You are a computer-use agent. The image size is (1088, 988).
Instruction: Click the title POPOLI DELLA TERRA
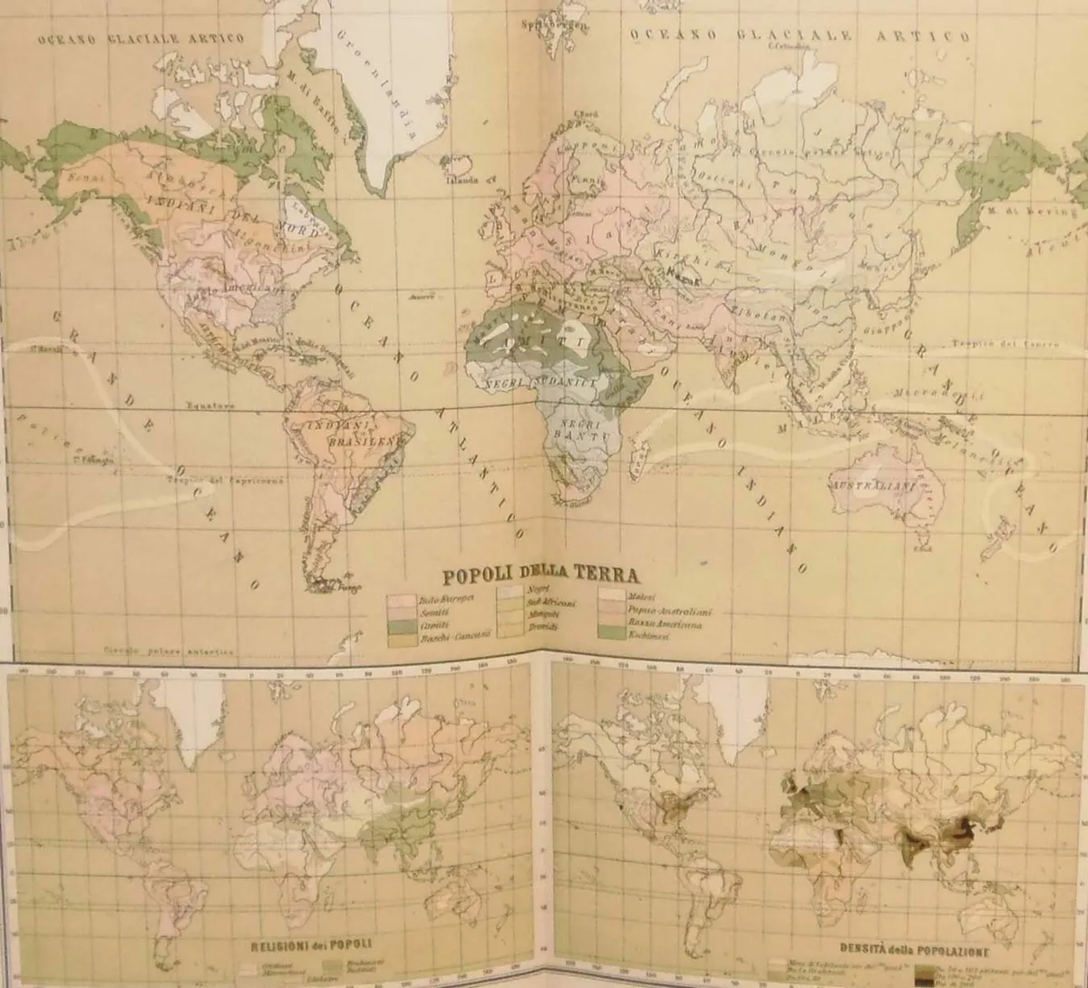[x=539, y=574]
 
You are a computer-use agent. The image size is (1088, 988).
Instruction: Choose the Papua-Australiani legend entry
[x=669, y=611]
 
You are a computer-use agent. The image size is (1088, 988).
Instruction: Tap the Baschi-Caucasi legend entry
[x=454, y=636]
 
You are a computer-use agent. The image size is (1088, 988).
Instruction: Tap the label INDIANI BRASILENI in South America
[x=355, y=432]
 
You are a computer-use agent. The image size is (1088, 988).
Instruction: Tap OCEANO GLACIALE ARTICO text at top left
[x=140, y=38]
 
